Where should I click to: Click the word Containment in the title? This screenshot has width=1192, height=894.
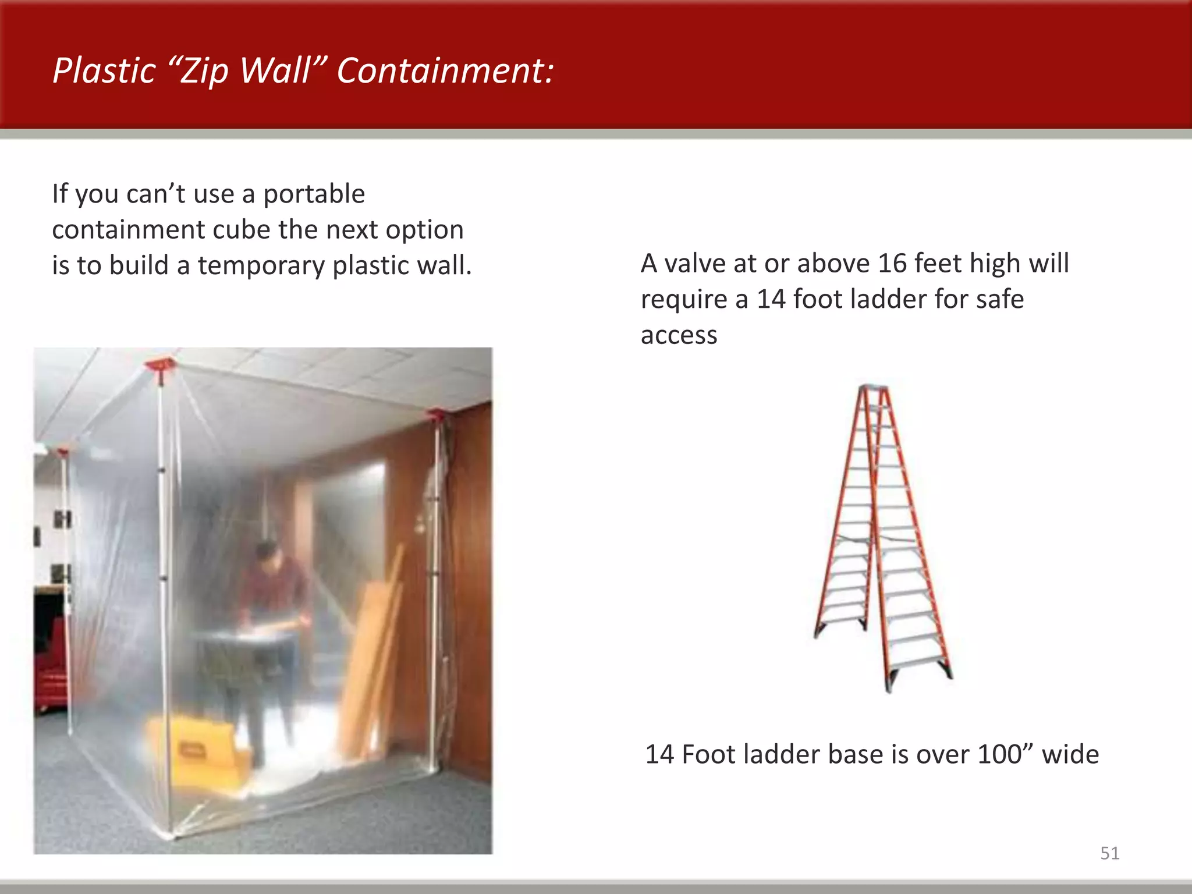coord(445,70)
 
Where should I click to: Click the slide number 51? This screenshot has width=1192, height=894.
coord(1109,853)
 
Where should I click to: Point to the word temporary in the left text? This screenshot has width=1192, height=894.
coord(261,265)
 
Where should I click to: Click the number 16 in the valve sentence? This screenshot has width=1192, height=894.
coord(893,263)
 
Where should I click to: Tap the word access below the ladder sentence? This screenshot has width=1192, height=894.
coord(679,335)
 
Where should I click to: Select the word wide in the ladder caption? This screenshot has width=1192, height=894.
coord(1070,754)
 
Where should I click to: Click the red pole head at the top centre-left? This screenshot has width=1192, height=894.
coord(161,366)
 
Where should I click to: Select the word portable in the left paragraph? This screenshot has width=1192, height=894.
coord(314,194)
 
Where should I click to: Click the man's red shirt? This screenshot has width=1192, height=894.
coord(274,588)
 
